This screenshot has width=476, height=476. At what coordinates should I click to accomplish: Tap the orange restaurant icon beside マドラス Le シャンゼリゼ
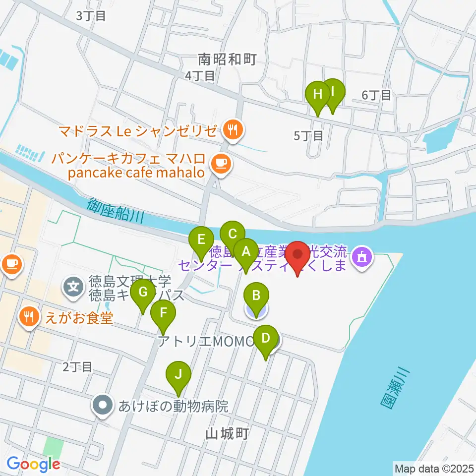click(232, 131)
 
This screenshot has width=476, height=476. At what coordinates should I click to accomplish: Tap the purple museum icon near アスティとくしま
click(361, 257)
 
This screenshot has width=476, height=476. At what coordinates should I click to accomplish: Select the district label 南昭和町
click(227, 60)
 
